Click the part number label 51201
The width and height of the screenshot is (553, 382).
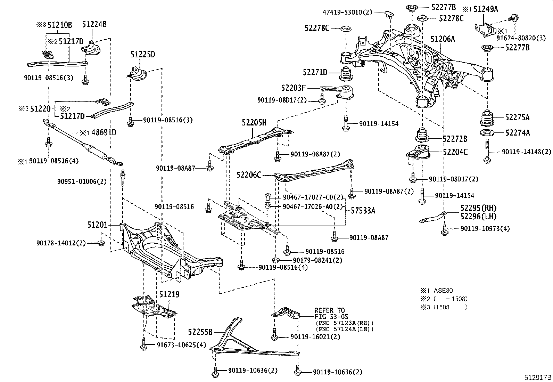(97, 225)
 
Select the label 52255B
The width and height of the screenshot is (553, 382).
(200, 332)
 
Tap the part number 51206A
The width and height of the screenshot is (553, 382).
(443, 39)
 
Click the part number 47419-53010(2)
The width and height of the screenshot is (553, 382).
(347, 13)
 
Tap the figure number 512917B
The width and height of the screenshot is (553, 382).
(538, 377)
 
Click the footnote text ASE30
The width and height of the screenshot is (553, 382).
(443, 291)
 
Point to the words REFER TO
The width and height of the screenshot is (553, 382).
(330, 310)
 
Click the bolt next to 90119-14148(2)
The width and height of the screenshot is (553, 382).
(487, 151)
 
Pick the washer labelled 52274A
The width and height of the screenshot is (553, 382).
(487, 133)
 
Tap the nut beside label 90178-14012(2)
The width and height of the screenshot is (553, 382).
(100, 243)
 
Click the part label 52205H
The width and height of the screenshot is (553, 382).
(254, 122)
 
